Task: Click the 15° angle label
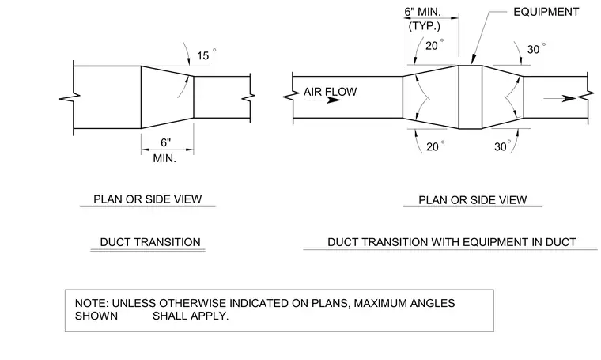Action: tap(206, 55)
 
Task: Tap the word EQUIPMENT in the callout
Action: tap(546, 12)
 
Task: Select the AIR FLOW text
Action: tap(330, 92)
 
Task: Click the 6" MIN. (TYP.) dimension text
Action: tap(424, 19)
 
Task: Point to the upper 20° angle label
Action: tap(435, 45)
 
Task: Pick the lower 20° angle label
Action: tap(436, 146)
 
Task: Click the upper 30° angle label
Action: tap(536, 49)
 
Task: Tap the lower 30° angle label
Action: tap(502, 146)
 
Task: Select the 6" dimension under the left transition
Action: tap(165, 142)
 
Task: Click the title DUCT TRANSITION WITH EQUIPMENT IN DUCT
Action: tap(452, 242)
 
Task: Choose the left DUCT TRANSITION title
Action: tap(150, 242)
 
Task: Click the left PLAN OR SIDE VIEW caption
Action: tap(148, 199)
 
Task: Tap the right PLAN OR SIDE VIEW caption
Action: tap(473, 200)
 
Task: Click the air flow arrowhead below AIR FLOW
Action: tap(334, 100)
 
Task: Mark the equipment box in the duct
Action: tap(471, 97)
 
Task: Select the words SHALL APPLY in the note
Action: tap(190, 316)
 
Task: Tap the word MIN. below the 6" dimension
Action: tap(164, 158)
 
